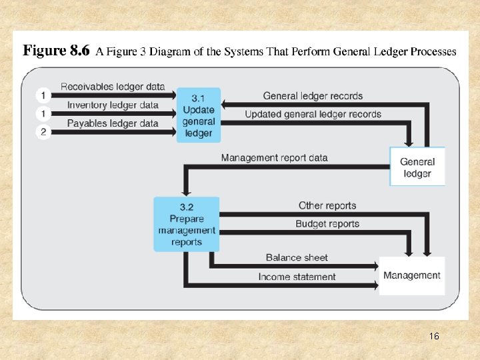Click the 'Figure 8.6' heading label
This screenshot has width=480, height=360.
(56, 51)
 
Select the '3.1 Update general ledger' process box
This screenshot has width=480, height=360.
(198, 115)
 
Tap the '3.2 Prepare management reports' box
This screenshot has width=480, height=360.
(187, 224)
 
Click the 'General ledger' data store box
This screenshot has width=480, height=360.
(417, 167)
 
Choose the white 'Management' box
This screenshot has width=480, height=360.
(411, 275)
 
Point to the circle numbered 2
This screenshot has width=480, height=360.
(43, 132)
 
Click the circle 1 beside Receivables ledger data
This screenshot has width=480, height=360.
(43, 95)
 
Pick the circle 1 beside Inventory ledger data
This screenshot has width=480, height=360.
(43, 113)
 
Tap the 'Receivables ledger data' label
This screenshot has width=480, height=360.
(113, 86)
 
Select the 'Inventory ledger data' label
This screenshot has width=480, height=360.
(113, 105)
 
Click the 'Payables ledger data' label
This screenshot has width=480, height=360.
(113, 123)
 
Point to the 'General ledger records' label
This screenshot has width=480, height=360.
(313, 96)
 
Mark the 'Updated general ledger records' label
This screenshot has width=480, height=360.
(313, 114)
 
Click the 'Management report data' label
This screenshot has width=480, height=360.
(274, 158)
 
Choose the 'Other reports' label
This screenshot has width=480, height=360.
(327, 206)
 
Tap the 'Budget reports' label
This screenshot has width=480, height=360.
(327, 224)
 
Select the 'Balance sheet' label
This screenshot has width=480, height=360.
(297, 258)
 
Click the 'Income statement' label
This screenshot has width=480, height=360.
(297, 277)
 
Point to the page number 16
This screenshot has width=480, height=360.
(434, 337)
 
